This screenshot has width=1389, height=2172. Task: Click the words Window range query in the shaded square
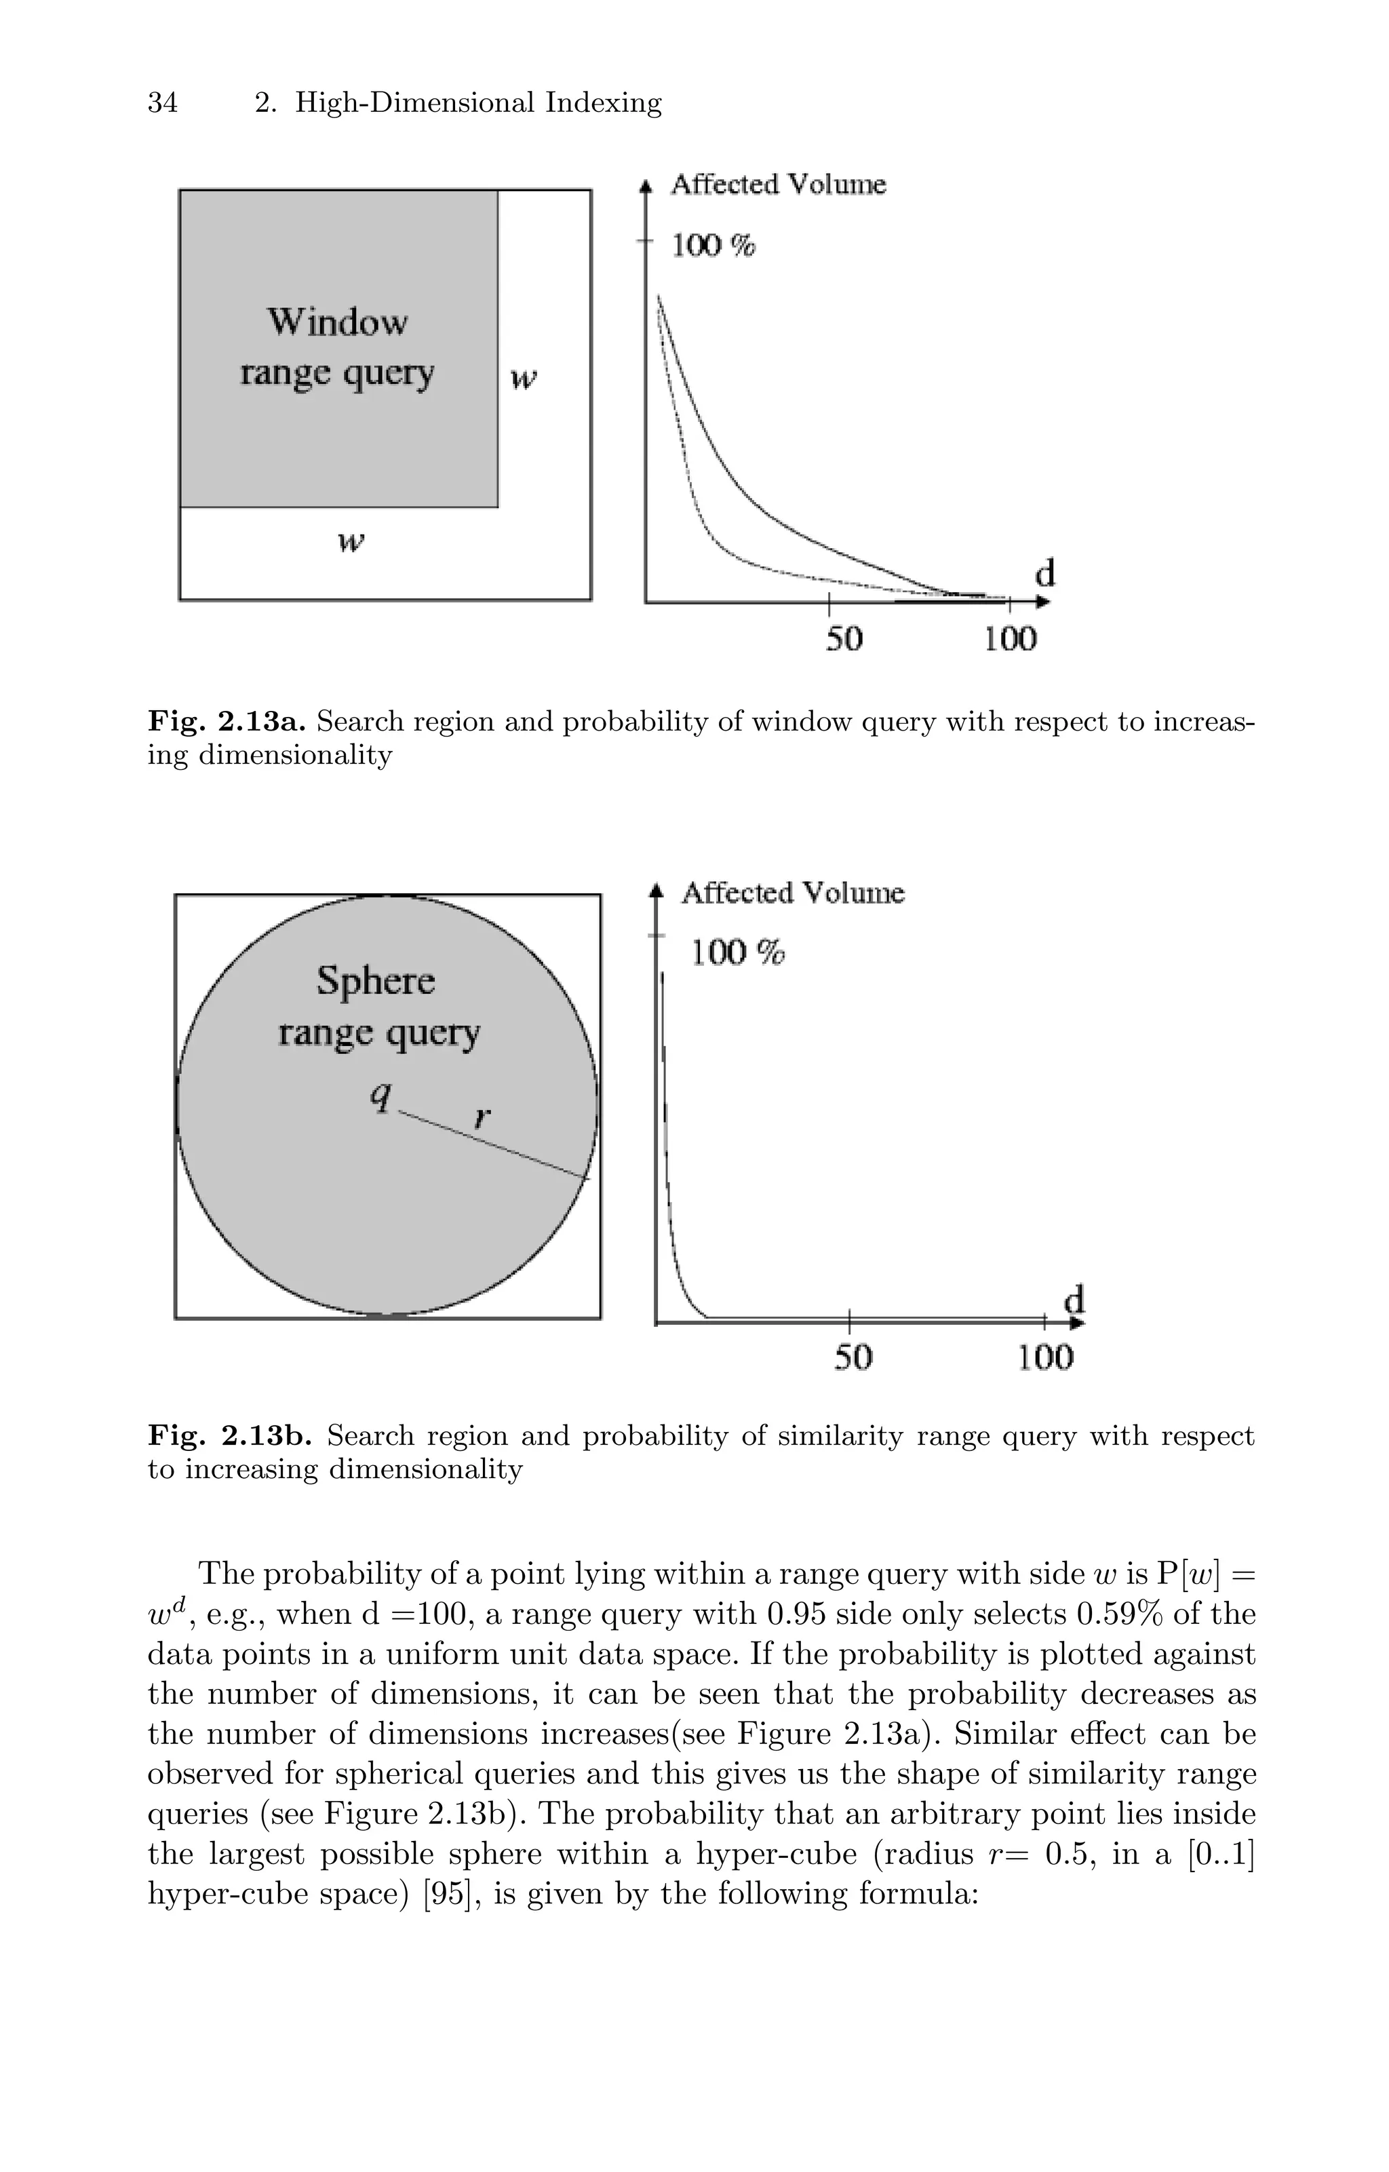click(x=337, y=347)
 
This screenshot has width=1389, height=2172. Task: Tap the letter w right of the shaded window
click(x=523, y=378)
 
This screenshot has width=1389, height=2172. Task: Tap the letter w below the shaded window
click(x=350, y=542)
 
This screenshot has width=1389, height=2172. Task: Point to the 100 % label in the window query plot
click(x=713, y=246)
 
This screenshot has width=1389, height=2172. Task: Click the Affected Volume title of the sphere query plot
click(x=792, y=893)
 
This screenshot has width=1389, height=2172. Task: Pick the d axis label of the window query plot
click(x=1044, y=574)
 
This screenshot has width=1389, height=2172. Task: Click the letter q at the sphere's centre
click(x=382, y=1096)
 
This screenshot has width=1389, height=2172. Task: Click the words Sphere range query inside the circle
click(x=377, y=1007)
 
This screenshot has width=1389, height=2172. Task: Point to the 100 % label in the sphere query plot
click(x=738, y=952)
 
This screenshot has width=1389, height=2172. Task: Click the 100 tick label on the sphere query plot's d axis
click(x=1045, y=1357)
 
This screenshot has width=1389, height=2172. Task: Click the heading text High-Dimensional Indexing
click(x=478, y=103)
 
